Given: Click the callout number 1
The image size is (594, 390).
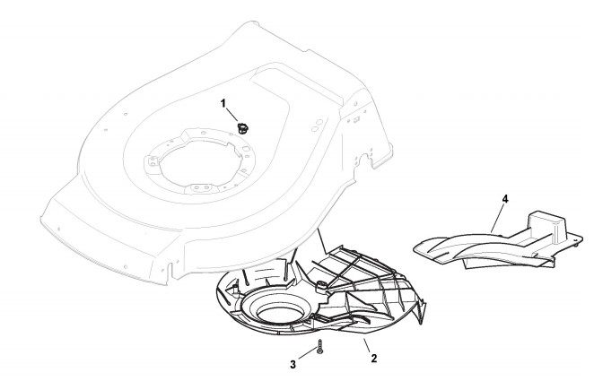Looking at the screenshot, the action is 223,104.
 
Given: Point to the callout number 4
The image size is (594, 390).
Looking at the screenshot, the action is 505,199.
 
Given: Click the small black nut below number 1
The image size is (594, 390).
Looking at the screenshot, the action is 242,126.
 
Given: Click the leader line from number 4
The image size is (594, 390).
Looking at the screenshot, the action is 498,215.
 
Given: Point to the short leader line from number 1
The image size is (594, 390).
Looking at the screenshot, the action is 232,114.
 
